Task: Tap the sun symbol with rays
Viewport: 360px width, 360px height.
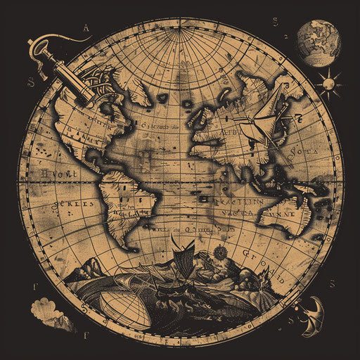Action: click(328, 84)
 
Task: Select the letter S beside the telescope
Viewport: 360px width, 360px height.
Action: click(31, 82)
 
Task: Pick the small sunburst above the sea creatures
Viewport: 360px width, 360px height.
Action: click(219, 252)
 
